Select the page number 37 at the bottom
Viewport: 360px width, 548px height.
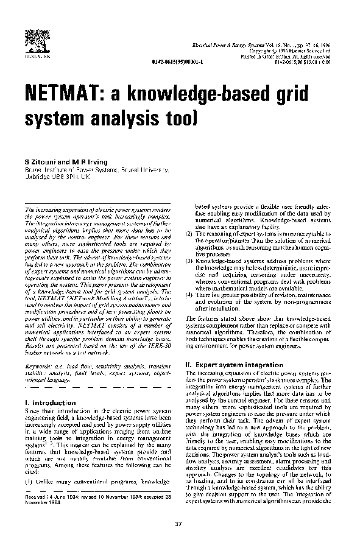[x=178, y=524]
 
